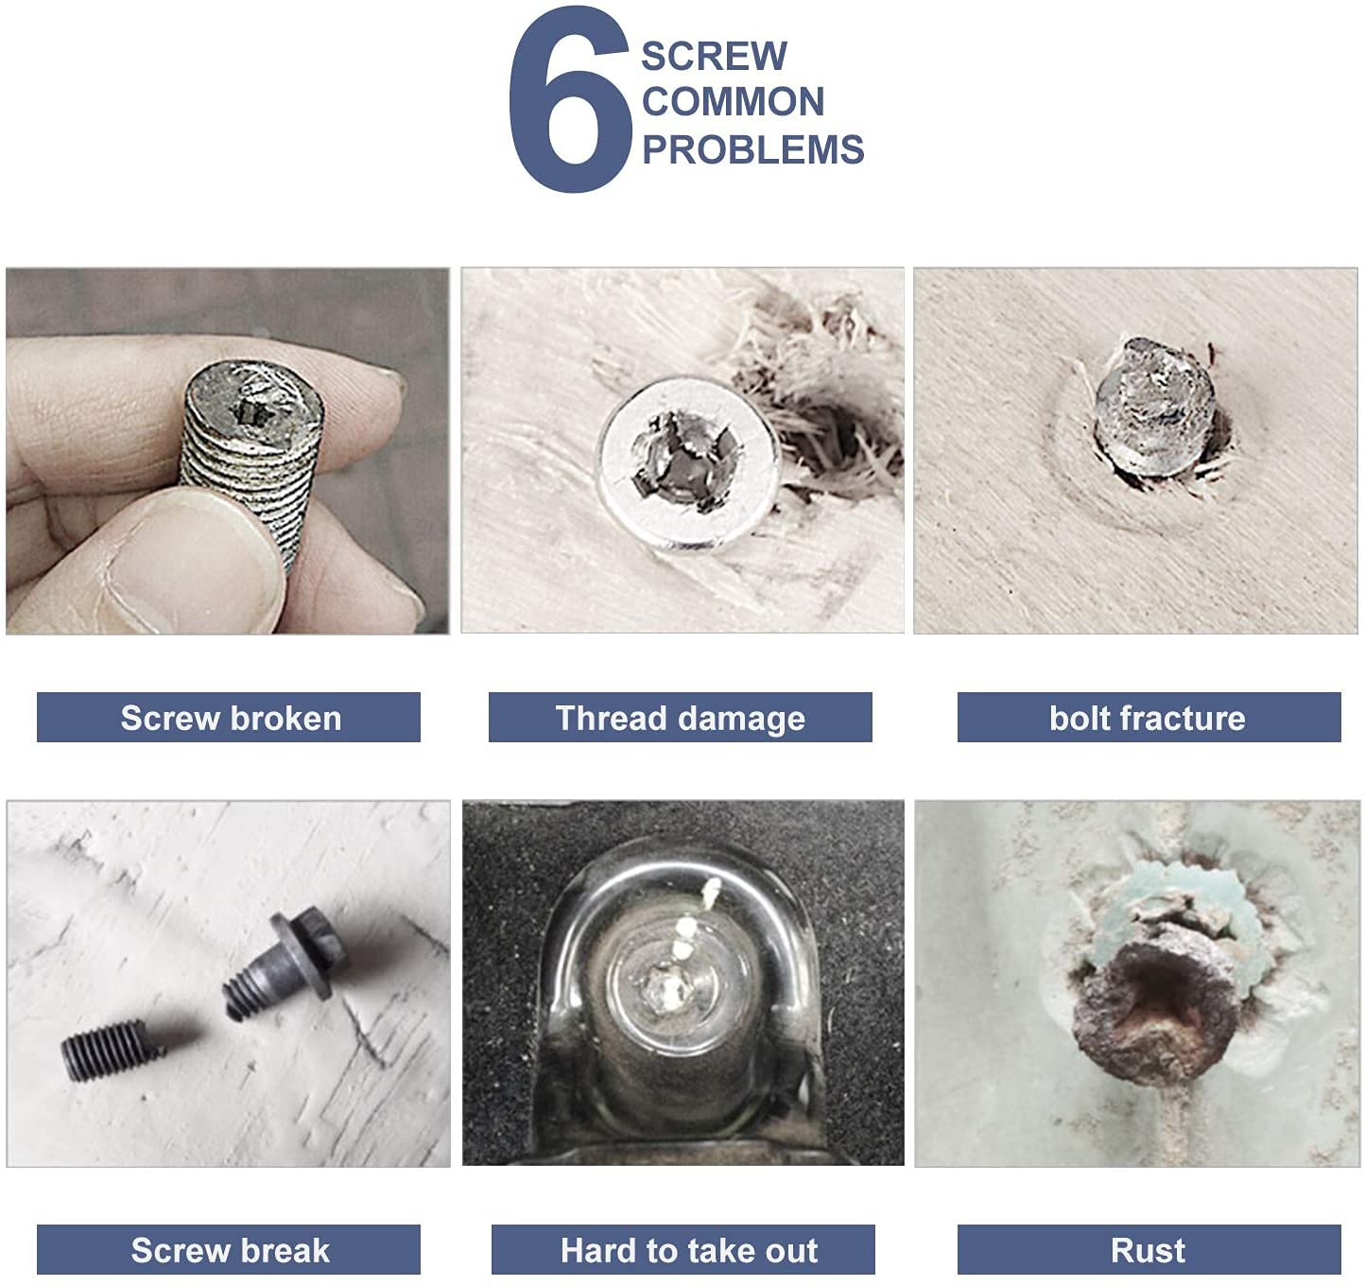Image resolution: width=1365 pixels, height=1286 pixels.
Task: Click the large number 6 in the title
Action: coord(570,102)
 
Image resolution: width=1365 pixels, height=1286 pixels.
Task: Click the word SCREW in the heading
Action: coord(714,56)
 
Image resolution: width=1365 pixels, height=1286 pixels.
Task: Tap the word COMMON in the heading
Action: coord(733,102)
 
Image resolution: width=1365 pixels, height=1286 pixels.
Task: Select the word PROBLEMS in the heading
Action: coord(752,149)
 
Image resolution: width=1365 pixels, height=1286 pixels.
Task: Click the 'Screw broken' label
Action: coord(229,718)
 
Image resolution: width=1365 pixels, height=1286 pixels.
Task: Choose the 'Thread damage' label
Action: coord(680,718)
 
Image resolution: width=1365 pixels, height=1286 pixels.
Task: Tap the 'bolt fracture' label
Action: coord(1148,718)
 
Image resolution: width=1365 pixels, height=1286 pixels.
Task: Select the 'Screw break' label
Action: coord(229,1250)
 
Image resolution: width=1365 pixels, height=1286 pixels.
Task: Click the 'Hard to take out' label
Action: coord(687,1250)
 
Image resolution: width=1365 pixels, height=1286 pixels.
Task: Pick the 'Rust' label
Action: coord(1148,1250)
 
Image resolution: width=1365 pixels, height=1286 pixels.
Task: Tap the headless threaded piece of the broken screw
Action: coord(108,1050)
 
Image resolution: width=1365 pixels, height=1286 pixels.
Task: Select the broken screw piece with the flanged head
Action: coord(288,964)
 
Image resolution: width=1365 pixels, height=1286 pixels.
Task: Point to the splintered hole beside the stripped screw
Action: coord(832,426)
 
